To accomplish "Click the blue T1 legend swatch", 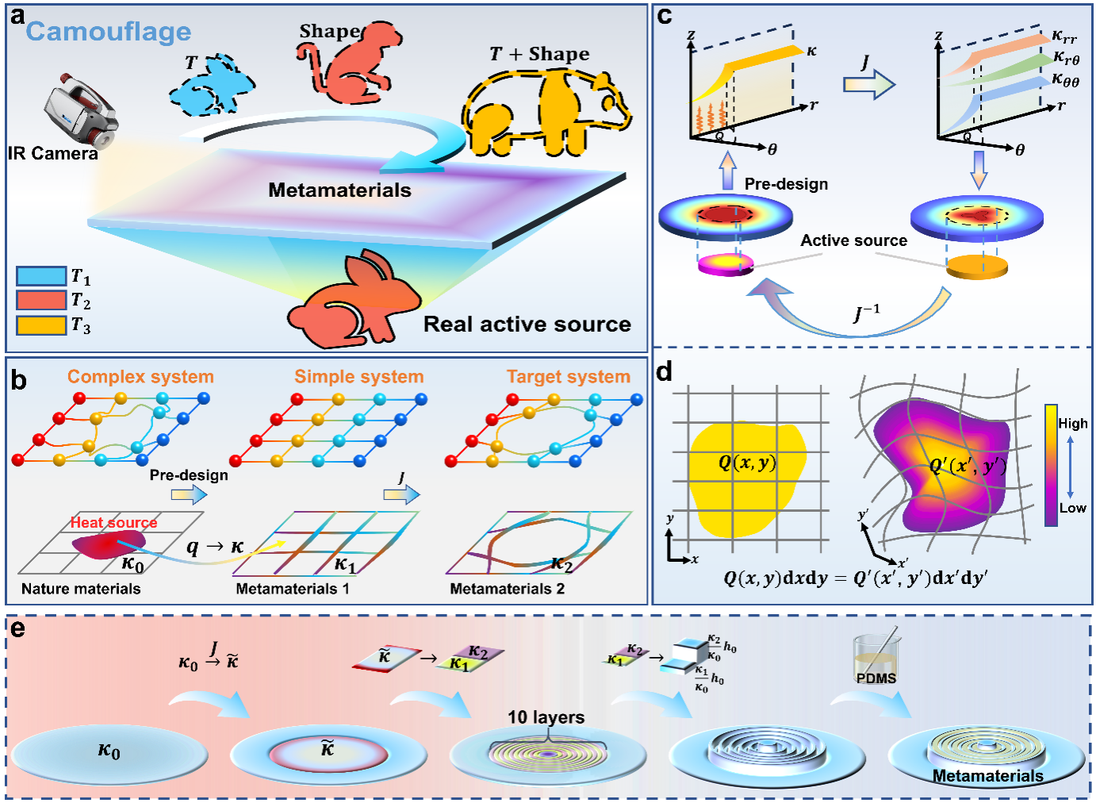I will pos(41,276).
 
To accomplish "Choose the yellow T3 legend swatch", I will pos(41,325).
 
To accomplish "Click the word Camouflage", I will pos(109,32).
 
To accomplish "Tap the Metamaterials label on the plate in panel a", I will pos(339,190).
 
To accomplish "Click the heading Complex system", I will pos(140,377).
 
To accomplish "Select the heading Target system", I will pos(569,377).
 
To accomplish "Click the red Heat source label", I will pos(113,522).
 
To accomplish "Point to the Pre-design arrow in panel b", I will pos(190,494).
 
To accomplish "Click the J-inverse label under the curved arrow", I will pos(867,313).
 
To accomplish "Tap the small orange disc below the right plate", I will pos(977,267).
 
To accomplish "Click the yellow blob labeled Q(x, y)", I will pos(745,476).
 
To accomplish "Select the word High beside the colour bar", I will pos(1073,424).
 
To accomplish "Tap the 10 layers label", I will pos(546,717).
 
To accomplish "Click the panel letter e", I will pos(17,628).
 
